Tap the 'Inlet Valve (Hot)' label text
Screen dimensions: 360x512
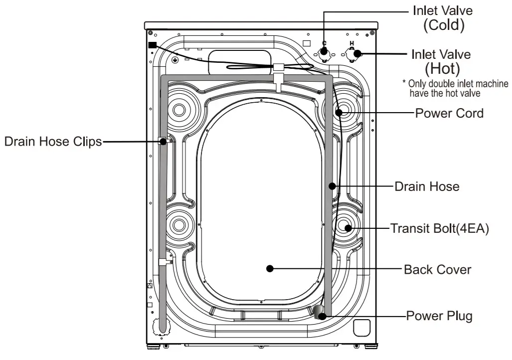pos(441,60)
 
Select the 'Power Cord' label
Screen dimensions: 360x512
pos(449,113)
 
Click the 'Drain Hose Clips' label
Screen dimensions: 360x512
pos(53,142)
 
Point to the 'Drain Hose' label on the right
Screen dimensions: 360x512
pos(427,186)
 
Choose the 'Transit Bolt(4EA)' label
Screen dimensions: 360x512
pos(439,228)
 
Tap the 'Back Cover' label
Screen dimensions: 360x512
pos(437,269)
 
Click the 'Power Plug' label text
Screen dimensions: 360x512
pos(439,316)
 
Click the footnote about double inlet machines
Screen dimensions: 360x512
pos(455,88)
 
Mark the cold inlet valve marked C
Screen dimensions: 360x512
pos(325,51)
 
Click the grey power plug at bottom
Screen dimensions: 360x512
pos(319,312)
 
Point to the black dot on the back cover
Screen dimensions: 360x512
pos(270,269)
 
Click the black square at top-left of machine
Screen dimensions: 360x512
pos(152,45)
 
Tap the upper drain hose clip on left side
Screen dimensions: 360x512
pos(163,142)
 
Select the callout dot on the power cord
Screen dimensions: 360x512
pos(339,113)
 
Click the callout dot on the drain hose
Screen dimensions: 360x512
pos(331,186)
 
